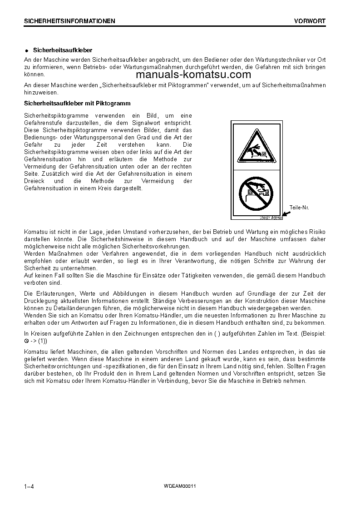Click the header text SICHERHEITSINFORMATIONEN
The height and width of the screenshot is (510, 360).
[x=69, y=21]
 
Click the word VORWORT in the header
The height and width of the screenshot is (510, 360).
[x=309, y=21]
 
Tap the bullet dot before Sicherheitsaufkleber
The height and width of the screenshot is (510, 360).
[x=27, y=51]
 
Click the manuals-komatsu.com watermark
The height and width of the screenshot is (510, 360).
[x=193, y=75]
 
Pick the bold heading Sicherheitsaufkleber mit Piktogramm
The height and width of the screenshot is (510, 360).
[x=77, y=104]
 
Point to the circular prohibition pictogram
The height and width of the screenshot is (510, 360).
[x=256, y=194]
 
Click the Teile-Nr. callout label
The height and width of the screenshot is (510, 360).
[x=299, y=208]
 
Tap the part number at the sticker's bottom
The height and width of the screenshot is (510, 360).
[x=271, y=218]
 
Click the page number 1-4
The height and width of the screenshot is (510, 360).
[x=29, y=487]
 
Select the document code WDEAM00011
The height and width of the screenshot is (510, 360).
[x=180, y=486]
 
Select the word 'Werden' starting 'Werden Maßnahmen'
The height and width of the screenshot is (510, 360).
[x=34, y=254]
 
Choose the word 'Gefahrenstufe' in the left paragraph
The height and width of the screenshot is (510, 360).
[x=42, y=123]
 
